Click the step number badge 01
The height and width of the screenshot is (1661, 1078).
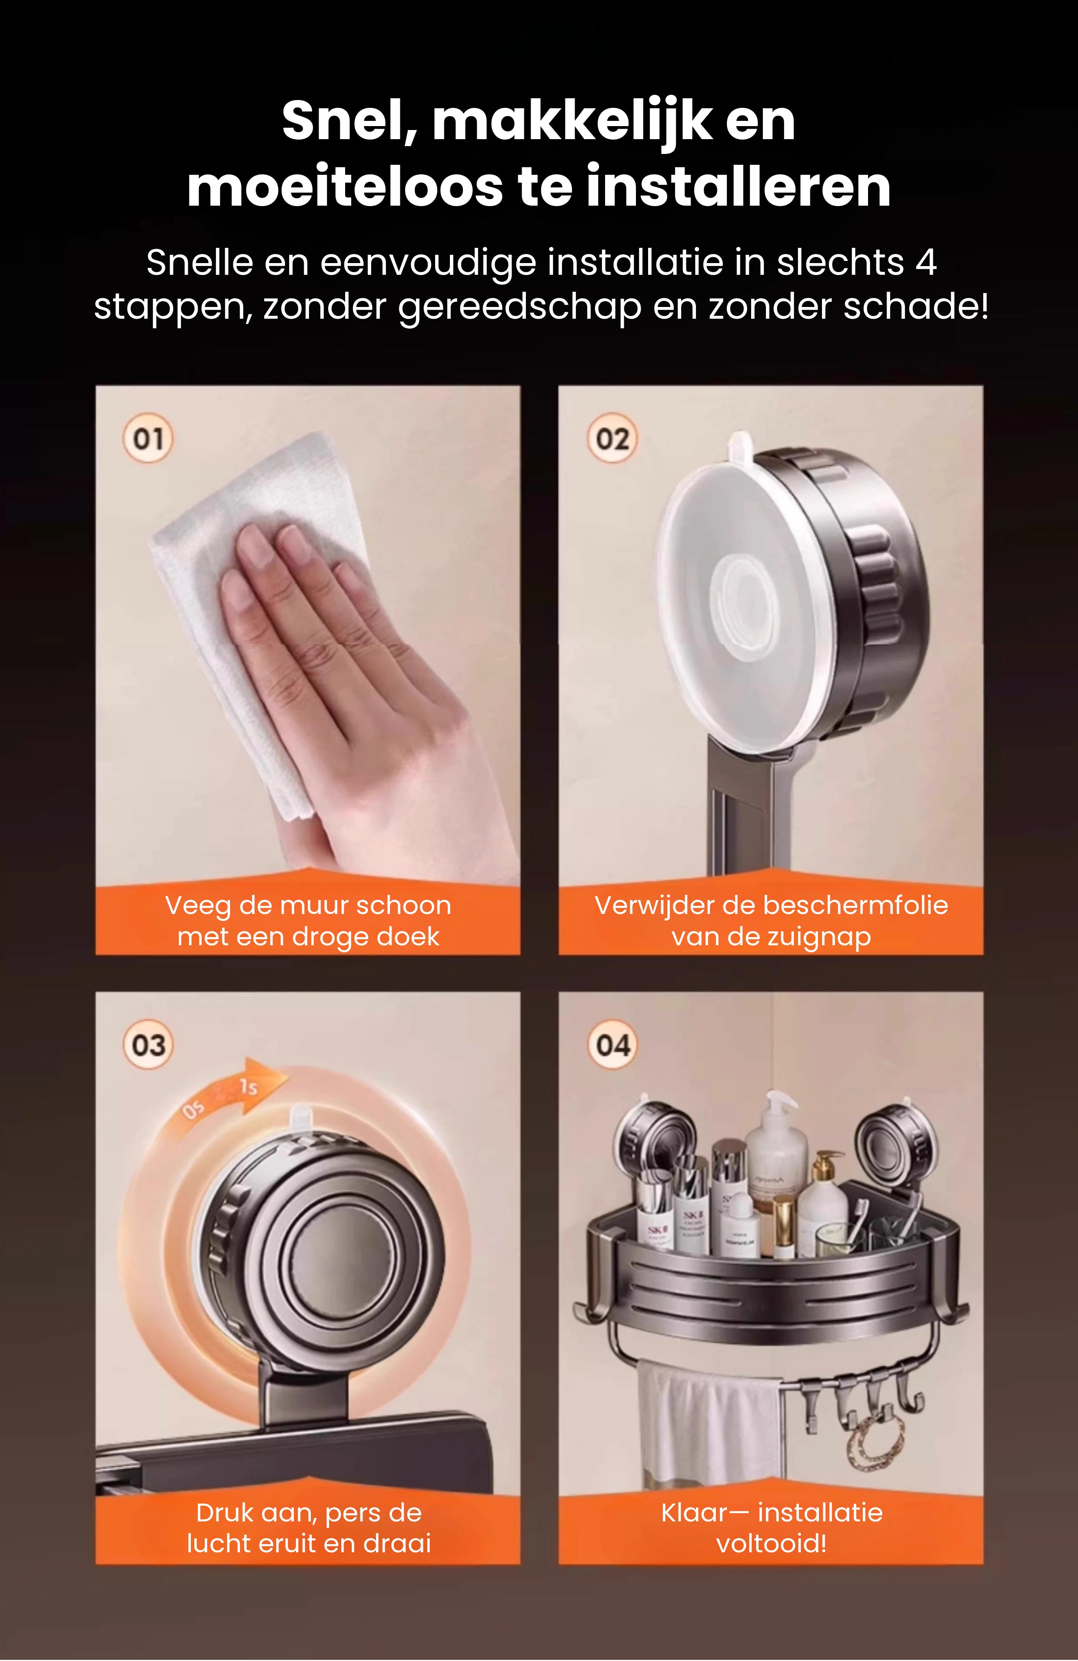pyautogui.click(x=148, y=438)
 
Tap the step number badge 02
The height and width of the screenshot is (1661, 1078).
pyautogui.click(x=612, y=438)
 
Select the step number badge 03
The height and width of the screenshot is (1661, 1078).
pyautogui.click(x=148, y=1045)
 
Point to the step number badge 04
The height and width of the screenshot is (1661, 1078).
pyautogui.click(x=612, y=1045)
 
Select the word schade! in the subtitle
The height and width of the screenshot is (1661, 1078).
pyautogui.click(x=916, y=307)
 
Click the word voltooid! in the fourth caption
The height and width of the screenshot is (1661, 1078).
pyautogui.click(x=771, y=1543)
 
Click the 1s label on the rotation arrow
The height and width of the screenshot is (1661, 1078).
pyautogui.click(x=249, y=1087)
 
